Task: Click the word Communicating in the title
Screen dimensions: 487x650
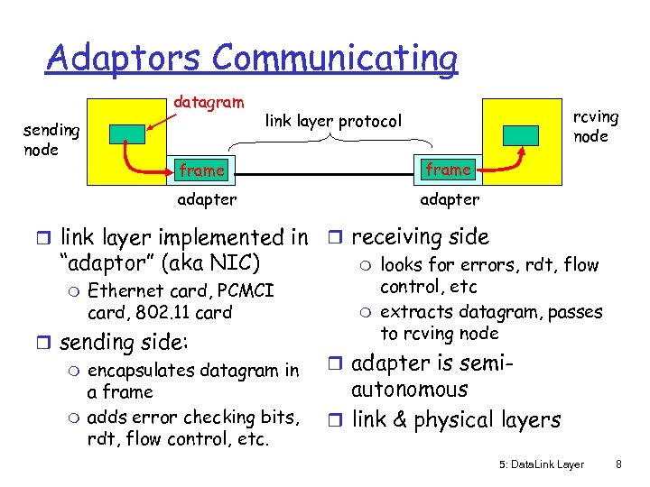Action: coord(336,58)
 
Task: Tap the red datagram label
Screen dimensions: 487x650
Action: coord(208,103)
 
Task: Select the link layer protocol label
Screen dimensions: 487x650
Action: coord(332,120)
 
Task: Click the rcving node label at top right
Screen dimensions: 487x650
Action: coord(596,126)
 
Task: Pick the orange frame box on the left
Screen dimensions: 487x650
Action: coord(202,170)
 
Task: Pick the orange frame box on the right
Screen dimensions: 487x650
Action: coord(448,169)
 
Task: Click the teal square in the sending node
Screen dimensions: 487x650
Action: coord(126,133)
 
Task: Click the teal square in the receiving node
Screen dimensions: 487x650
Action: coord(522,133)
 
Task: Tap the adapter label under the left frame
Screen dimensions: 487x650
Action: coord(207,199)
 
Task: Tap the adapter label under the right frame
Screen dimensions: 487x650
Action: coord(450,199)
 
